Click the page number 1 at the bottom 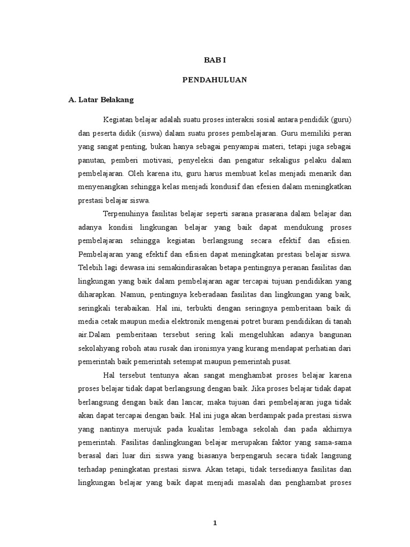pyautogui.click(x=215, y=523)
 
